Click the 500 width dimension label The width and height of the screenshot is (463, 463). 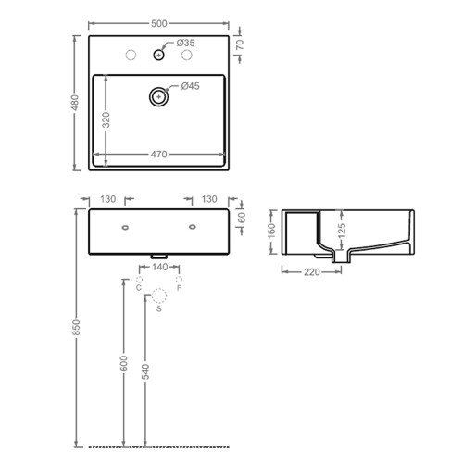point(159,24)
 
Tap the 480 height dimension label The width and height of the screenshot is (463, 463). point(75,103)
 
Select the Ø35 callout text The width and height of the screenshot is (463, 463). point(185,43)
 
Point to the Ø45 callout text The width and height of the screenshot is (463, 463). point(191,86)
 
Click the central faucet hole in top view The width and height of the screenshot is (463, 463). point(158,55)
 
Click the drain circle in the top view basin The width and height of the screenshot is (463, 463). point(158,96)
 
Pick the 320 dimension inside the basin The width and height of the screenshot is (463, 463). point(106,120)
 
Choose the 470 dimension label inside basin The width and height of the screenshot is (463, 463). point(159,154)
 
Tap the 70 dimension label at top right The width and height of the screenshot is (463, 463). point(240,44)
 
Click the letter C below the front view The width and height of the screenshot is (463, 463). point(139,288)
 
